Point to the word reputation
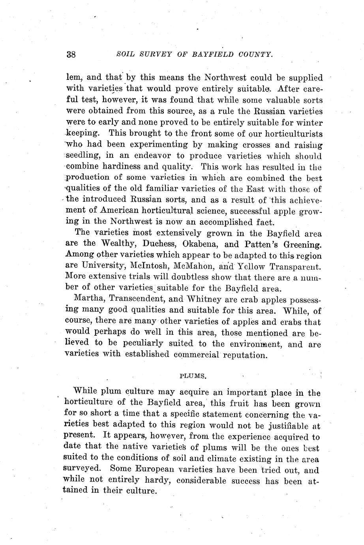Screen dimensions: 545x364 pyautogui.click(x=245, y=355)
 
